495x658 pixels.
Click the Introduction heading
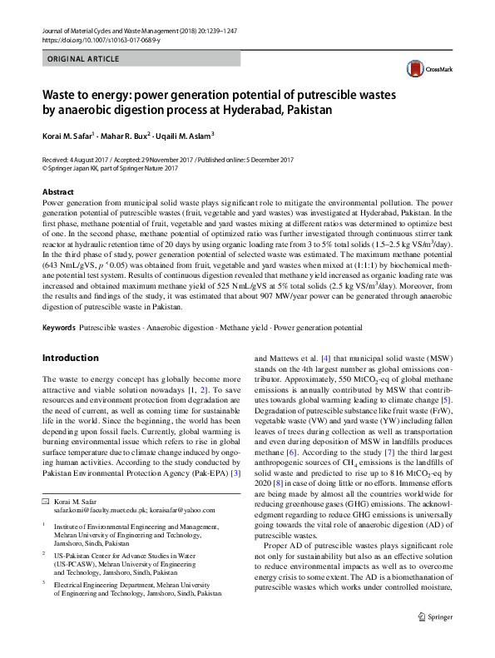(x=70, y=359)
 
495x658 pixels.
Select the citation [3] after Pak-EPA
(x=235, y=474)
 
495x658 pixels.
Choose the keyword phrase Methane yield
(x=240, y=329)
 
